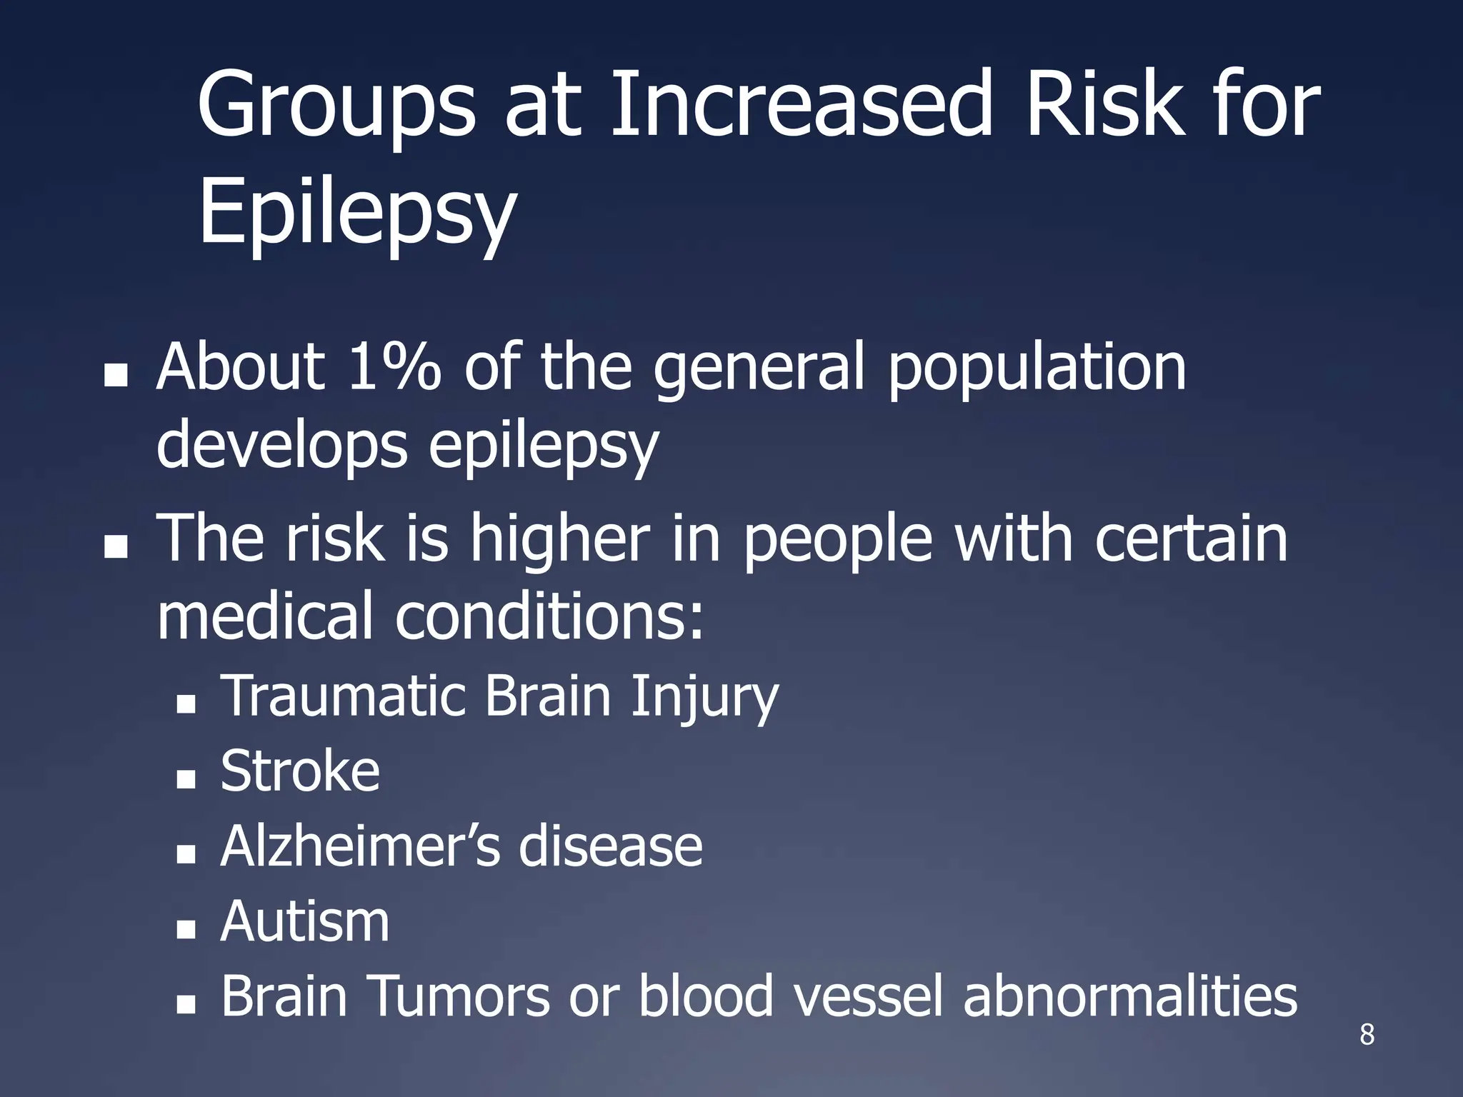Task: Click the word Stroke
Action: point(300,771)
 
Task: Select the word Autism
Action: point(305,921)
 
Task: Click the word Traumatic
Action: point(344,696)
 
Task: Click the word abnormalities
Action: point(1129,996)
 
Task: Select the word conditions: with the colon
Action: point(549,616)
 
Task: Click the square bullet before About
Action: point(115,376)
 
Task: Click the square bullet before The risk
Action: point(115,546)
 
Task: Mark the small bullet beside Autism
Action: point(186,929)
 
